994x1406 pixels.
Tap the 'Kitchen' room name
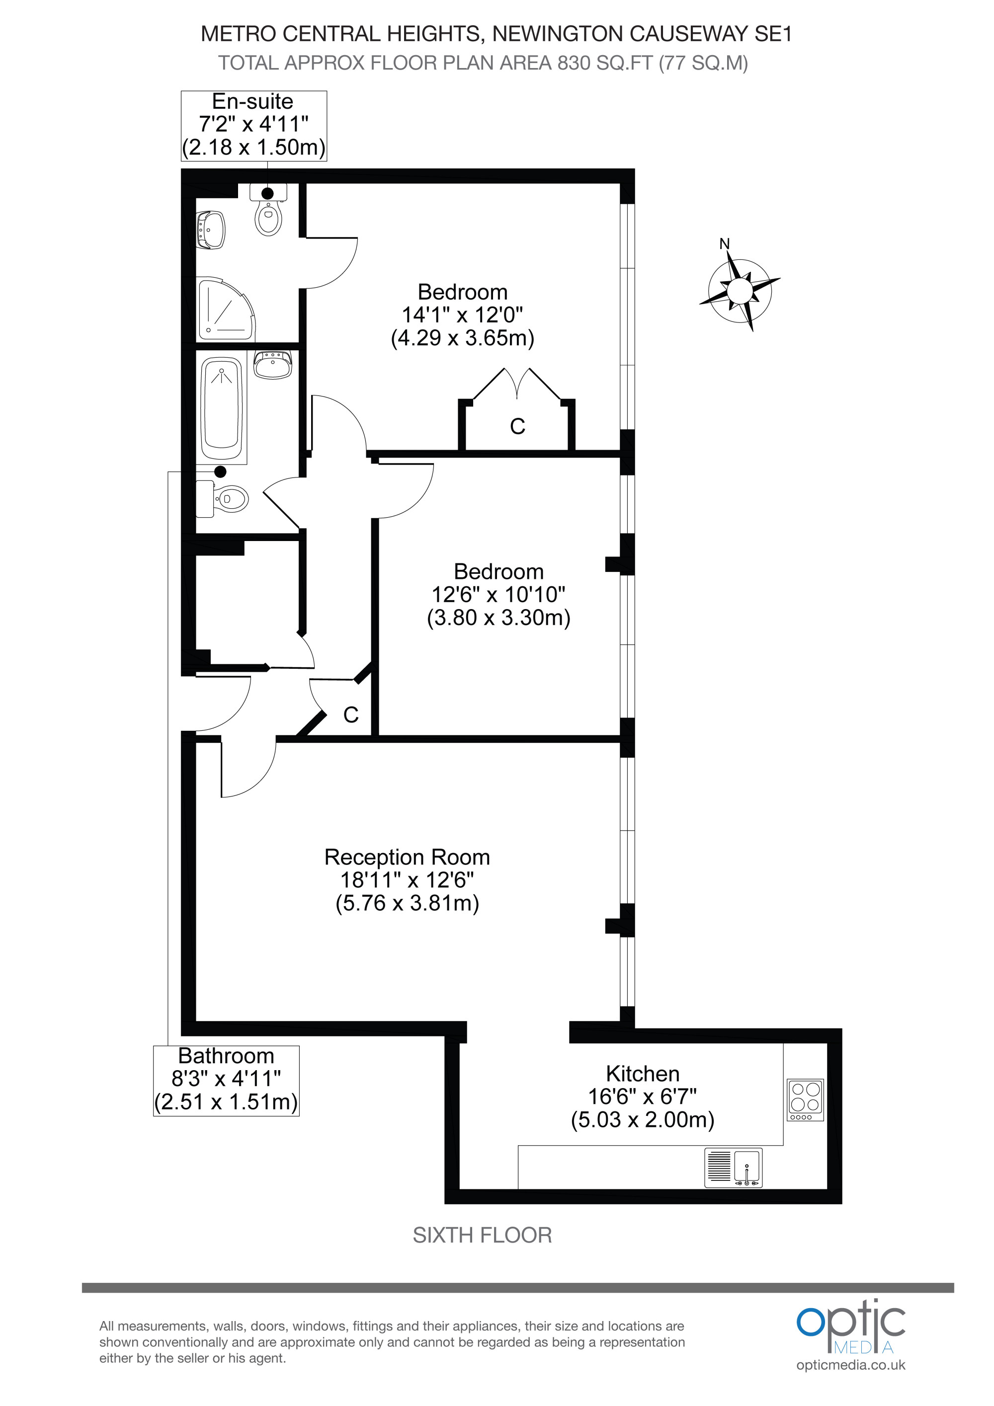tap(643, 1074)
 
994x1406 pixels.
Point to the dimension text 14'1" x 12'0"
tap(462, 315)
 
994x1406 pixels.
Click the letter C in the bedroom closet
tap(517, 426)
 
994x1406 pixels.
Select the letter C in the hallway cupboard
tap(351, 714)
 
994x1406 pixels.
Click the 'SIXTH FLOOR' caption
tap(482, 1235)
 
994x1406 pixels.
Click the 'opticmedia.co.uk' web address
tap(851, 1365)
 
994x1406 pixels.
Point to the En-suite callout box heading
tap(252, 101)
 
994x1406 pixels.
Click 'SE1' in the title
tap(773, 34)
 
